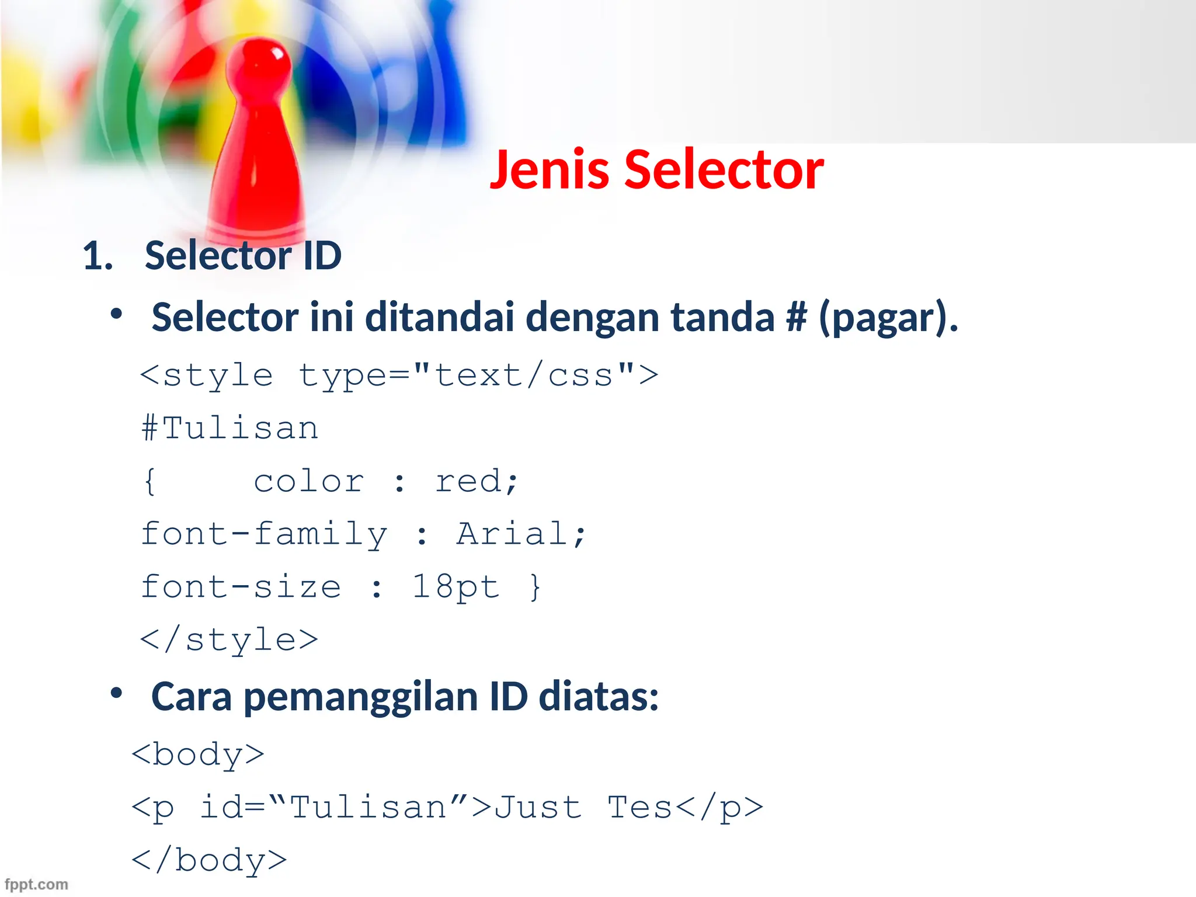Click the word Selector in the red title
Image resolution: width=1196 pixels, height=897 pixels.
pos(724,170)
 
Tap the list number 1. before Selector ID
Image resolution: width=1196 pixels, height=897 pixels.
pos(98,256)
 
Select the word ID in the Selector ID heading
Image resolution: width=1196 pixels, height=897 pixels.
pos(322,256)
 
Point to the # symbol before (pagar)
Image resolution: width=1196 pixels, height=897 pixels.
pos(796,317)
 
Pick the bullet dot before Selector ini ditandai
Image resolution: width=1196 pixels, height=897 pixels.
pos(117,314)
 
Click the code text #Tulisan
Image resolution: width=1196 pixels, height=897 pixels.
pos(230,428)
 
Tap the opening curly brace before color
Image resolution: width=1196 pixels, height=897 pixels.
pos(150,482)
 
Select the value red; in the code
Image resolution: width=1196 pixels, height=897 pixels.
pos(477,482)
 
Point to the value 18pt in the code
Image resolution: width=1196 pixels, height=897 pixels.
pos(456,587)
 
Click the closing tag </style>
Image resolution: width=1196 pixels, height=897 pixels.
pos(230,640)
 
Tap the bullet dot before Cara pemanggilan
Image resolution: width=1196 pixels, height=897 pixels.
pos(117,693)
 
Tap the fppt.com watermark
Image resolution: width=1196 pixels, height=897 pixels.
pos(36,884)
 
